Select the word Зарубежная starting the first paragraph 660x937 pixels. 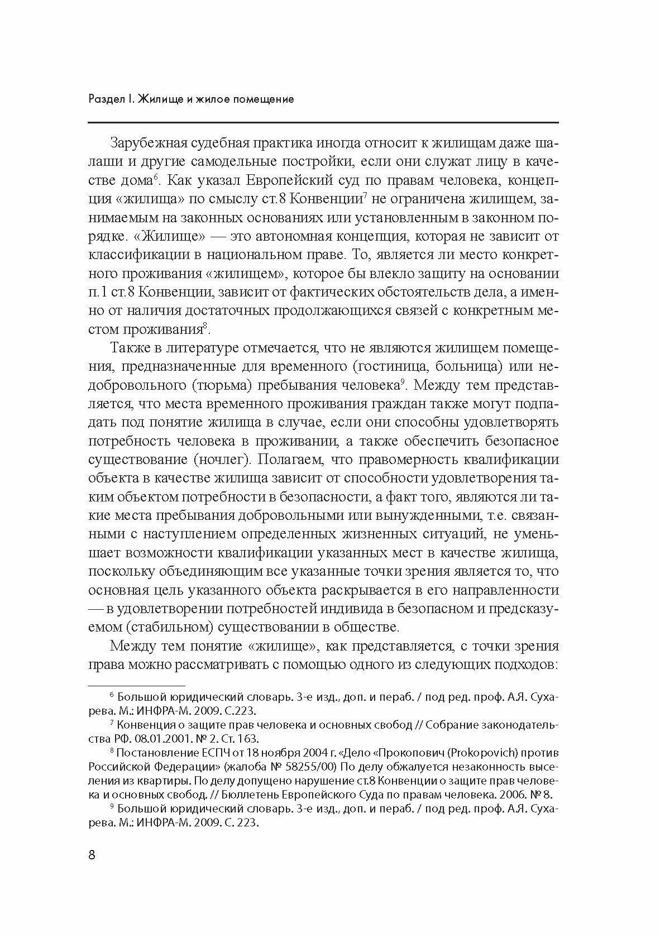(x=146, y=144)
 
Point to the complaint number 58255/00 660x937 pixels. (x=309, y=766)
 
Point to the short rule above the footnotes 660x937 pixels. (x=136, y=685)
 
